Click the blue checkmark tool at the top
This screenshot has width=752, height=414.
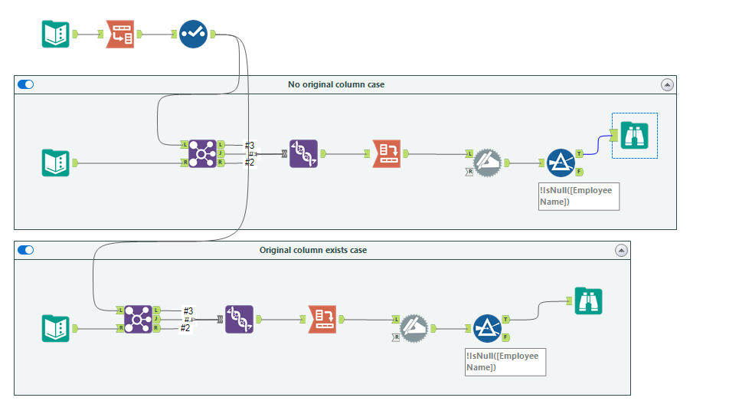[x=193, y=34]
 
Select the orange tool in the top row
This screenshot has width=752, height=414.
[x=119, y=34]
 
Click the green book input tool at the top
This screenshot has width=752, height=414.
[x=55, y=34]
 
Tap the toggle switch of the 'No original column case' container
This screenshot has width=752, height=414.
[x=25, y=84]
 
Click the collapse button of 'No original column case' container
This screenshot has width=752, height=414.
[x=667, y=84]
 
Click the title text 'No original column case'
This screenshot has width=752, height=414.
[x=336, y=84]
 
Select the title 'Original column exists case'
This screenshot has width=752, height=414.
[x=312, y=250]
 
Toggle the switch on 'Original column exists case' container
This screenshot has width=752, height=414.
[x=25, y=250]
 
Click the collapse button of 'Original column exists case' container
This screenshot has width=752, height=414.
[x=621, y=250]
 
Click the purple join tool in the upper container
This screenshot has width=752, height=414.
[x=202, y=153]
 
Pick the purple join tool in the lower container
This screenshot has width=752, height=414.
[x=138, y=318]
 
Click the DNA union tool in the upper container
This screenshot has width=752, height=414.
[x=303, y=153]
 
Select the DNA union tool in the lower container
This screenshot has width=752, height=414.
[x=239, y=318]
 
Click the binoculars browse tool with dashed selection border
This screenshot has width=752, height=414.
[x=634, y=136]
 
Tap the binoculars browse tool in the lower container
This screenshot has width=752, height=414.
[x=588, y=301]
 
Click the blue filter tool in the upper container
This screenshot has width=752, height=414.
[x=561, y=163]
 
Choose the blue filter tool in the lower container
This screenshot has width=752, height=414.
[x=487, y=328]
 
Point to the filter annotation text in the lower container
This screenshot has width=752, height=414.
[x=505, y=362]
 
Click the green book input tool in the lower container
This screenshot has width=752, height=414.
[x=55, y=328]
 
